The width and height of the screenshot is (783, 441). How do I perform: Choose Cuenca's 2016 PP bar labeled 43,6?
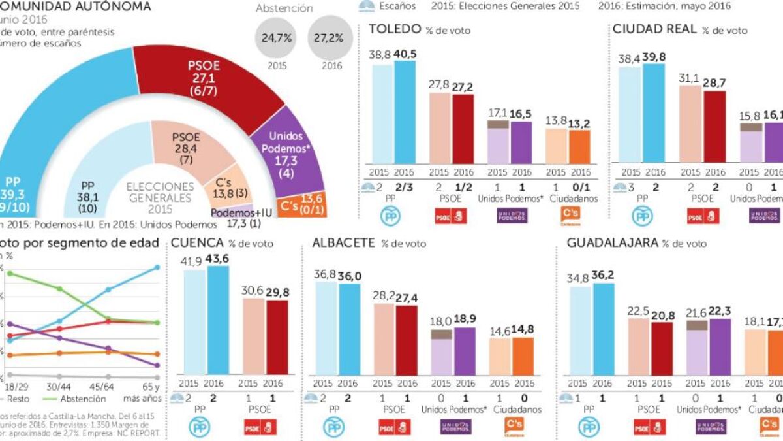pos(217,320)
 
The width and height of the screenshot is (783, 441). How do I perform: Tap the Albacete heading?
pos(343,242)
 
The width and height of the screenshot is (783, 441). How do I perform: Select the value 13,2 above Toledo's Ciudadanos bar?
pos(579,124)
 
